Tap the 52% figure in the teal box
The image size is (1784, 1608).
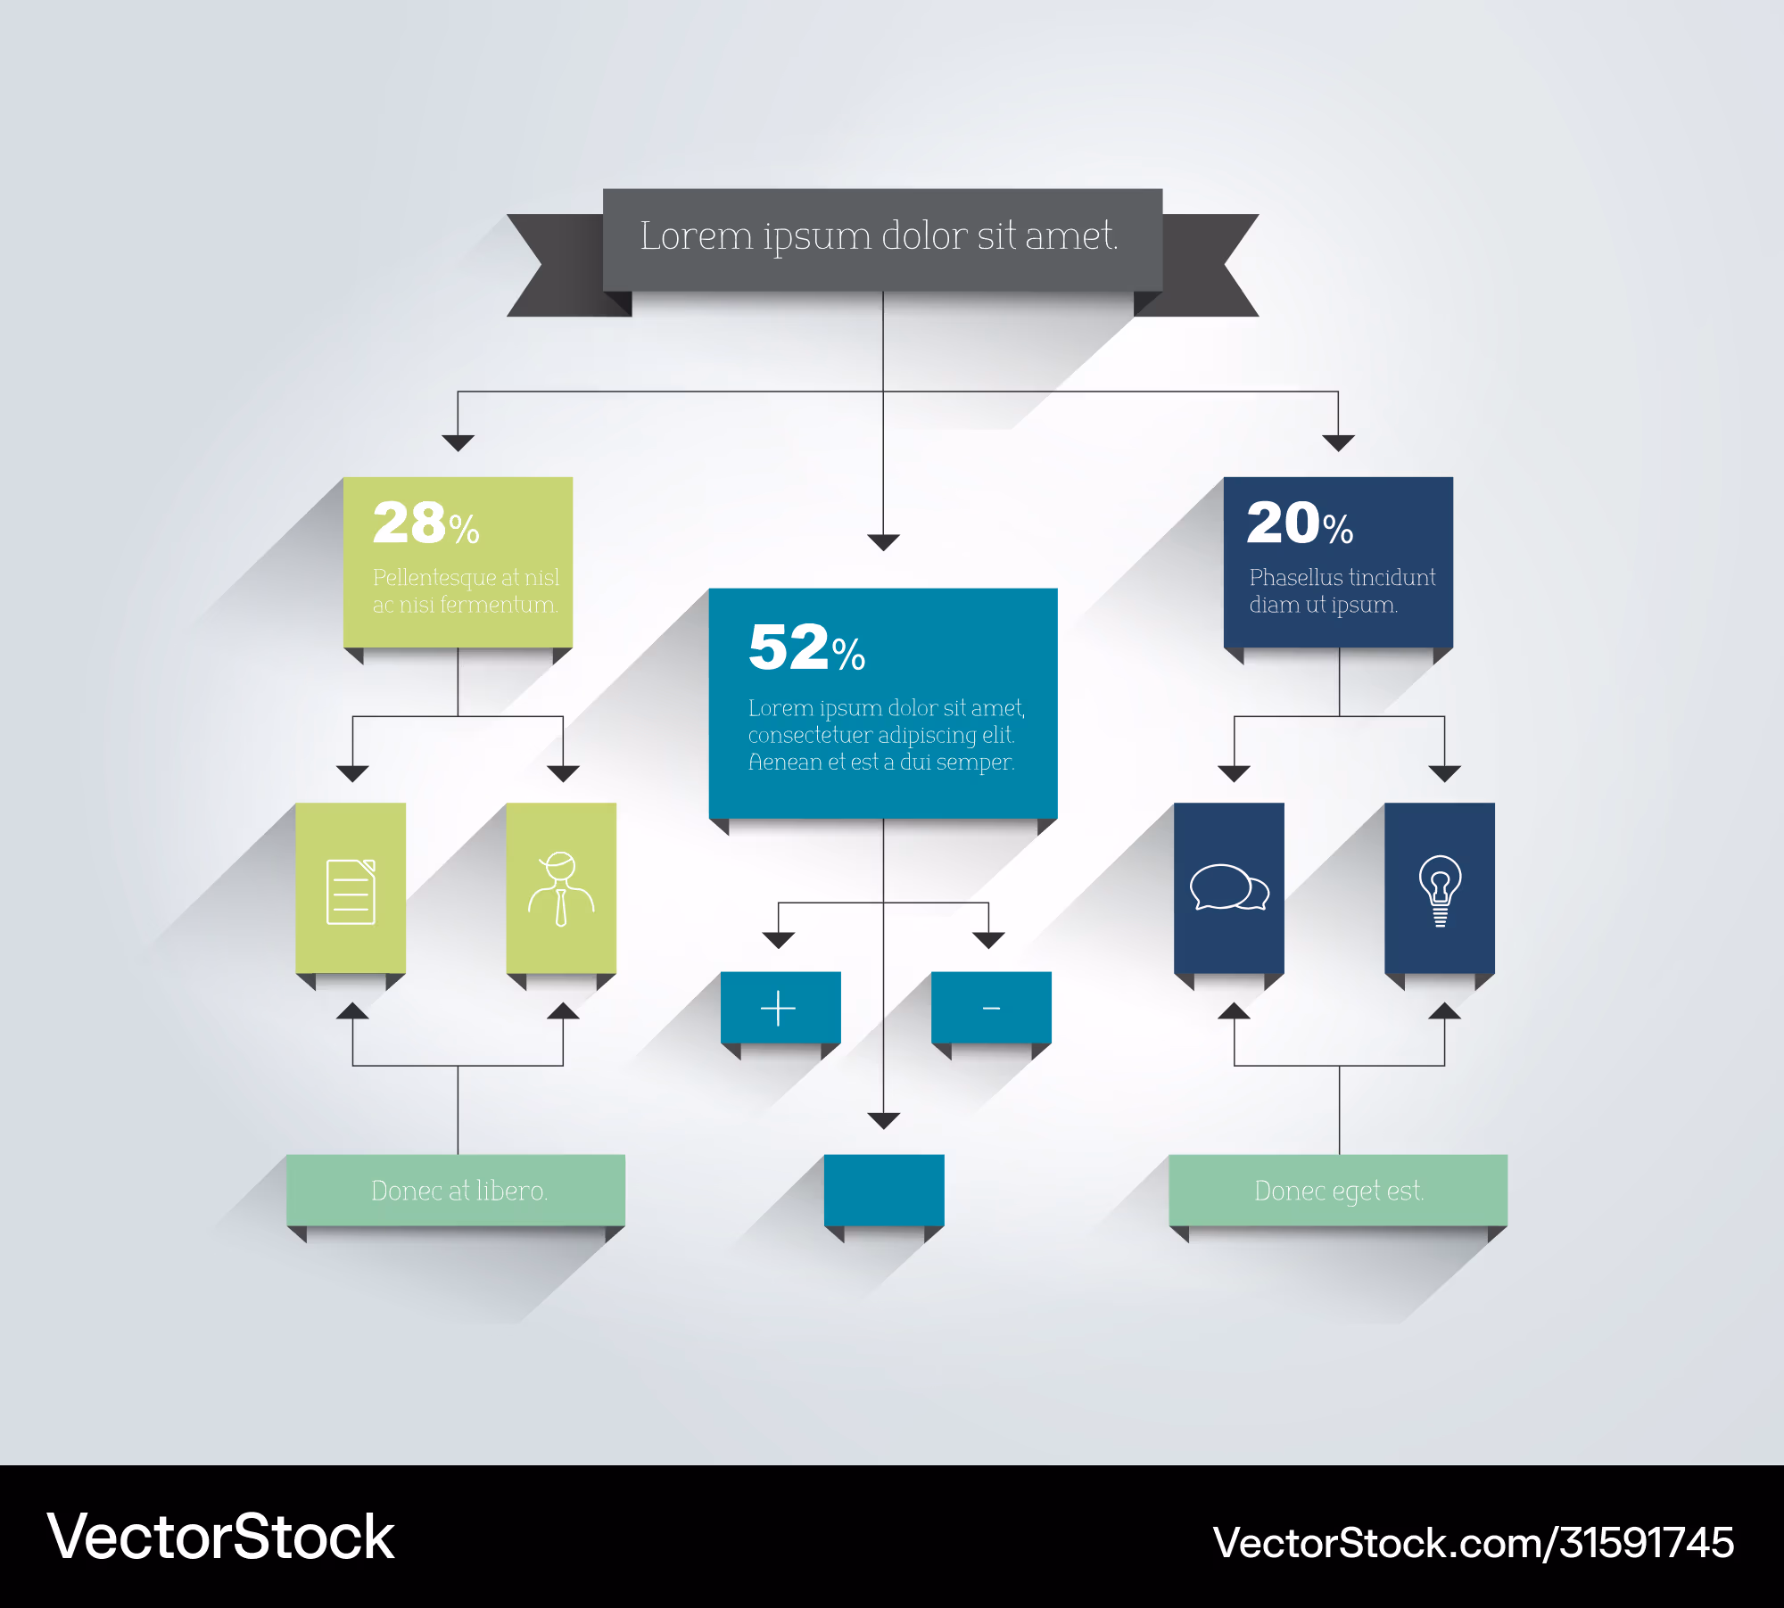pyautogui.click(x=806, y=647)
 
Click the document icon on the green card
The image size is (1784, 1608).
pyautogui.click(x=351, y=892)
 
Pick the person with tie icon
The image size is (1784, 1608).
pyautogui.click(x=561, y=889)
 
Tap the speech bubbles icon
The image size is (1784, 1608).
pyautogui.click(x=1229, y=887)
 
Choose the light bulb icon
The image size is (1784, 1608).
pyautogui.click(x=1440, y=891)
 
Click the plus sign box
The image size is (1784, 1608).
pyautogui.click(x=780, y=1008)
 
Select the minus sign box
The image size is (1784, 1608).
pyautogui.click(x=991, y=1008)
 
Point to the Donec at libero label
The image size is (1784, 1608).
pyautogui.click(x=458, y=1191)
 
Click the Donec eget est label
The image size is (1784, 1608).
pyautogui.click(x=1339, y=1192)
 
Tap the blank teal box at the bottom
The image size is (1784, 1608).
pyautogui.click(x=884, y=1191)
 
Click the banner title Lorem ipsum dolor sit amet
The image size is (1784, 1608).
pyautogui.click(x=879, y=236)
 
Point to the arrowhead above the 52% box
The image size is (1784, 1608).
pyautogui.click(x=883, y=542)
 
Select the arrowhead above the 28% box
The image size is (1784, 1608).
pyautogui.click(x=458, y=443)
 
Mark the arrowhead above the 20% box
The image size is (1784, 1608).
pyautogui.click(x=1338, y=443)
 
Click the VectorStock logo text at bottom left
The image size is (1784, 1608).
pyautogui.click(x=220, y=1537)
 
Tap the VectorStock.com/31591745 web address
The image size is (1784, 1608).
pyautogui.click(x=1474, y=1542)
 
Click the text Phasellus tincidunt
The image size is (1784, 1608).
pyautogui.click(x=1342, y=577)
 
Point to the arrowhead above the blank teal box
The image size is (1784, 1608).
pyautogui.click(x=883, y=1121)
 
